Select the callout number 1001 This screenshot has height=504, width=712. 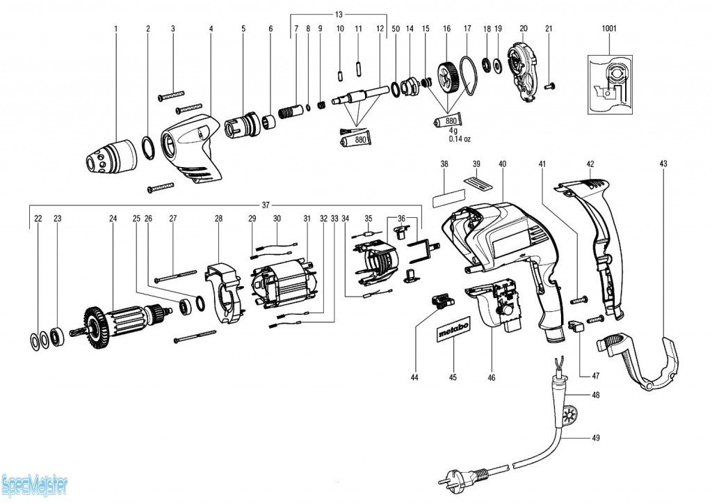tap(610, 29)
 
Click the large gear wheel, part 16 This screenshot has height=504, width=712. tap(446, 76)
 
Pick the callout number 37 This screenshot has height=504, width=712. tap(266, 205)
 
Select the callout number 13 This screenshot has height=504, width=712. tap(339, 15)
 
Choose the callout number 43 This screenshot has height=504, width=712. tap(663, 164)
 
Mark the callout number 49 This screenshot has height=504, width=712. tap(596, 438)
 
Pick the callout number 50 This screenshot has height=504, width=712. tap(396, 29)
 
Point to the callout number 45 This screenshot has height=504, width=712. tap(453, 378)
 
